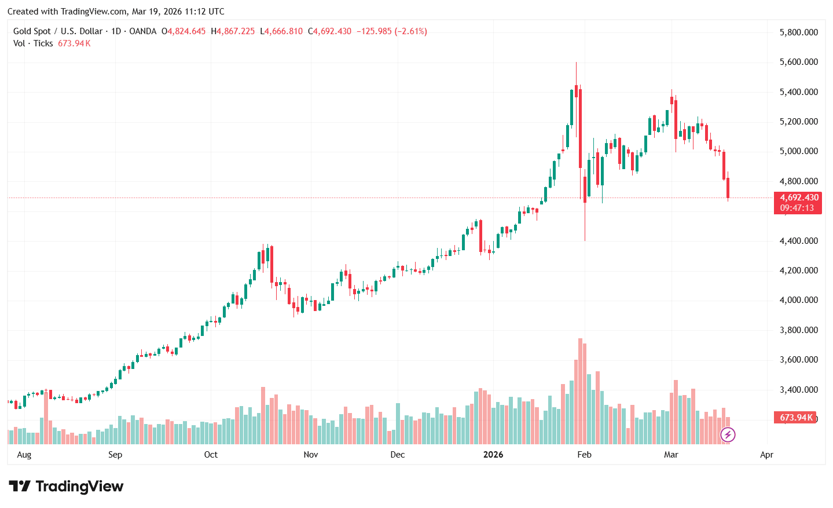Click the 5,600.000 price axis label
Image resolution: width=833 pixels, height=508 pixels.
coord(798,62)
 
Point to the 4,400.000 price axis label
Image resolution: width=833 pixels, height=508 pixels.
coord(798,241)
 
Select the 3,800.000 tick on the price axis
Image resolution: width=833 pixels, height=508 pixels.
coord(798,330)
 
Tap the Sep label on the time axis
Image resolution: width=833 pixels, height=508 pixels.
coord(115,455)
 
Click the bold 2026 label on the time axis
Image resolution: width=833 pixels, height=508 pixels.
coord(493,455)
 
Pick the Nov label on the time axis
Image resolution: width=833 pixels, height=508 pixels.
coord(311,455)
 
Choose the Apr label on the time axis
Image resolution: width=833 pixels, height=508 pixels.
coord(766,455)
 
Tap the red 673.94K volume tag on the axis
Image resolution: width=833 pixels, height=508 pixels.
coord(796,418)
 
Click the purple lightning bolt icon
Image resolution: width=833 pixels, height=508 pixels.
coord(728,434)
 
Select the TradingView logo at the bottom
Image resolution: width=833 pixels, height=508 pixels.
coord(66,487)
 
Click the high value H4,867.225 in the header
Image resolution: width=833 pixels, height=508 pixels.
coord(233,31)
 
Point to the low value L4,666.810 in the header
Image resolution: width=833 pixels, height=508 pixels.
coord(281,31)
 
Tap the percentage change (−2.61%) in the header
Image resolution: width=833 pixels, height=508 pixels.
coord(411,31)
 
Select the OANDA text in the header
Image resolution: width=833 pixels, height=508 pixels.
coord(143,31)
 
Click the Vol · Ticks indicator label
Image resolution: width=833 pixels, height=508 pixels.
coord(33,43)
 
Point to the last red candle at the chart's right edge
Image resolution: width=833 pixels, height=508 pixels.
coord(728,188)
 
